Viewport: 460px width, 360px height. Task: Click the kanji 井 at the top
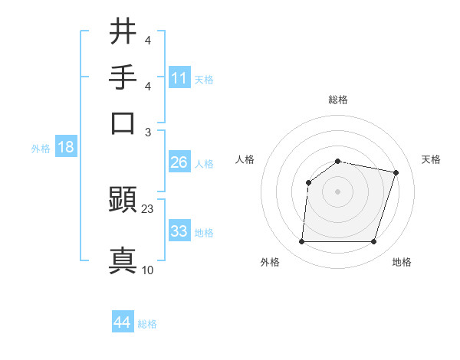pyautogui.click(x=123, y=31)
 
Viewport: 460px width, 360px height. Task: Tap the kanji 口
pyautogui.click(x=123, y=123)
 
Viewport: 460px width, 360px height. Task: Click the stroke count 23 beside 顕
pyautogui.click(x=148, y=208)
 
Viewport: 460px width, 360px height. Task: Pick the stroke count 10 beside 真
pyautogui.click(x=148, y=270)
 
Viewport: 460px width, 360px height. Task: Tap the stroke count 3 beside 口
pyautogui.click(x=148, y=132)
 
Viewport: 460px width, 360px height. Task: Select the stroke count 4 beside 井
pyautogui.click(x=148, y=39)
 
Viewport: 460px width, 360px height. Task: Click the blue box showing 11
pyautogui.click(x=179, y=78)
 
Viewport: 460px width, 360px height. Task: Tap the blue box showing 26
pyautogui.click(x=179, y=162)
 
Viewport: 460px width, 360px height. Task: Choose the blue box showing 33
pyautogui.click(x=179, y=231)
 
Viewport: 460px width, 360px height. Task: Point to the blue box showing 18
pyautogui.click(x=65, y=147)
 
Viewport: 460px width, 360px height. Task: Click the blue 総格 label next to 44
pyautogui.click(x=147, y=324)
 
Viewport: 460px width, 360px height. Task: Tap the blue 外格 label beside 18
pyautogui.click(x=41, y=149)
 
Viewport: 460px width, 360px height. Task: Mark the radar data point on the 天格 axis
pyautogui.click(x=396, y=172)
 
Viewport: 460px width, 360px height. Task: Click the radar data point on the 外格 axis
pyautogui.click(x=301, y=242)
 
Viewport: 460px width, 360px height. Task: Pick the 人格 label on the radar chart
pyautogui.click(x=245, y=159)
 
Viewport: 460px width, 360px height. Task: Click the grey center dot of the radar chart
pyautogui.click(x=338, y=191)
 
